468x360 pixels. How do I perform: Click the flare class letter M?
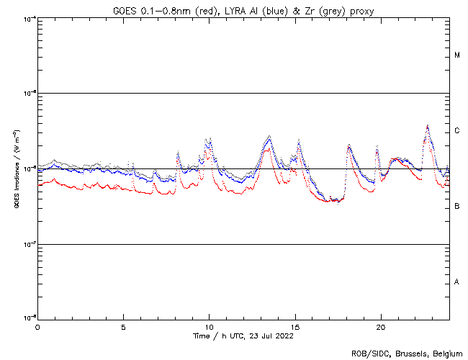(457, 55)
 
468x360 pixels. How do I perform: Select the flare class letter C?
(457, 131)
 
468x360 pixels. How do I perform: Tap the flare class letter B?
(457, 207)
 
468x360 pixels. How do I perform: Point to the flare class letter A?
(457, 282)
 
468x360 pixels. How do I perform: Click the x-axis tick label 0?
(37, 327)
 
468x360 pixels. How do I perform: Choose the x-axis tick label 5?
(123, 327)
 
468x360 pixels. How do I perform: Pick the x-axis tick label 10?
(209, 327)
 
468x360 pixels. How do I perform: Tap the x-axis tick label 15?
(295, 327)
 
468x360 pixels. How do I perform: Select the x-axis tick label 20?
(381, 327)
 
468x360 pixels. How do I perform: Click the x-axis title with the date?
(243, 336)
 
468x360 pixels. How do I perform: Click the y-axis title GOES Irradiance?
(15, 169)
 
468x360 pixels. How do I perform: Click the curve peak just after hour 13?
(269, 135)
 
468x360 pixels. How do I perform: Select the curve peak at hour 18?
(348, 145)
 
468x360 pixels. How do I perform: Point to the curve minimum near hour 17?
(333, 201)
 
